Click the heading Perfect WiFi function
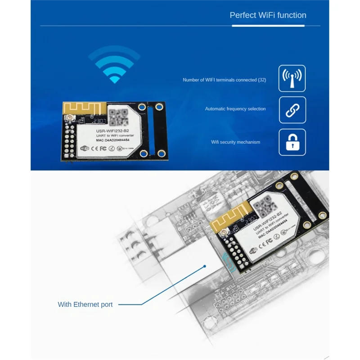pyautogui.click(x=268, y=15)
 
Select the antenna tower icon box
pyautogui.click(x=292, y=78)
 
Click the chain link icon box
pyautogui.click(x=292, y=110)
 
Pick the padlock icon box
pyautogui.click(x=292, y=142)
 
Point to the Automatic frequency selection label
pyautogui.click(x=235, y=109)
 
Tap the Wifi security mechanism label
pyautogui.click(x=236, y=142)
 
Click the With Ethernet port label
pyautogui.click(x=85, y=305)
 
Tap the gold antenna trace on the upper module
pyautogui.click(x=84, y=111)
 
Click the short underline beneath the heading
pyautogui.click(x=247, y=26)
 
